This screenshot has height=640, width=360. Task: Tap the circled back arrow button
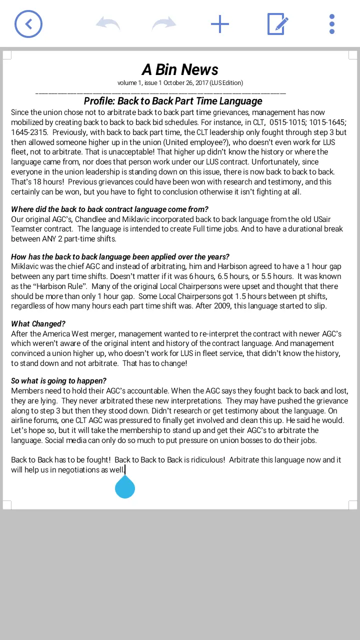28,24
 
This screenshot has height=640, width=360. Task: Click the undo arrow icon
108,24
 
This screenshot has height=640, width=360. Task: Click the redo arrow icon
164,24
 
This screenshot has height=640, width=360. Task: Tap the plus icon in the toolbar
220,24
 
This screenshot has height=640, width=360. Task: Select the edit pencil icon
278,24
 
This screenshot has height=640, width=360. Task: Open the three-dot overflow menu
332,24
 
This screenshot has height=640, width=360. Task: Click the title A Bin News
180,69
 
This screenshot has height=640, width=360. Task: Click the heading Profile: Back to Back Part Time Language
173,101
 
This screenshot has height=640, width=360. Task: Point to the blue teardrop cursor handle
125,487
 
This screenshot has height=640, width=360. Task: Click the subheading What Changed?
38,324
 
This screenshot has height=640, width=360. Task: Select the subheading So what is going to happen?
58,381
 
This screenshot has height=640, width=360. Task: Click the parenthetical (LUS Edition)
226,83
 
